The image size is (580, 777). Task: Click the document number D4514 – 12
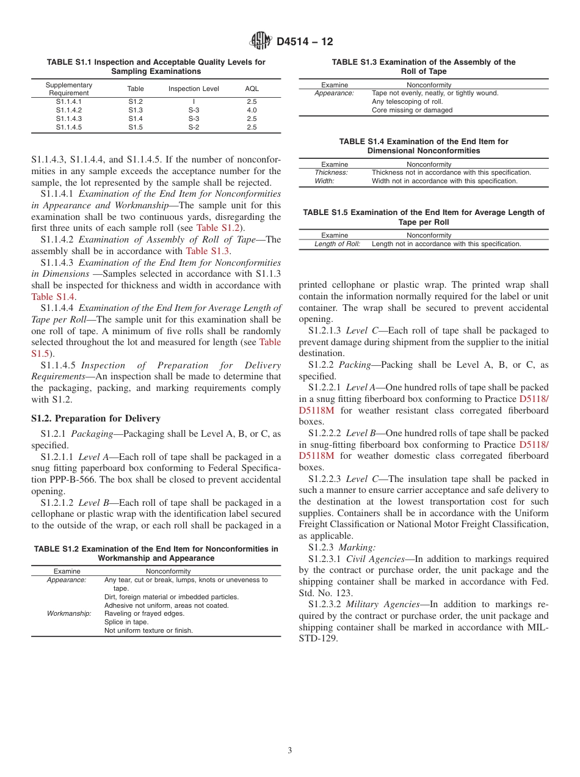[305, 42]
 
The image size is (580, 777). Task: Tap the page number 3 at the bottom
[290, 751]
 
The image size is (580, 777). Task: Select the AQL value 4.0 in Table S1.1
[252, 110]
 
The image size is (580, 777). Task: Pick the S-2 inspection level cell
[194, 127]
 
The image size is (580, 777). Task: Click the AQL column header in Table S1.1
[252, 89]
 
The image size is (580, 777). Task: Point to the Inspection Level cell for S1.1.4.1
[194, 101]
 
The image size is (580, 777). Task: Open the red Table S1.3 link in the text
[208, 250]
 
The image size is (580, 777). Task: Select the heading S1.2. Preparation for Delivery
[96, 418]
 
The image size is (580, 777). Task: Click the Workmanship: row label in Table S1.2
[69, 613]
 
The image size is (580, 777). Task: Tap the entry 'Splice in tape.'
[126, 622]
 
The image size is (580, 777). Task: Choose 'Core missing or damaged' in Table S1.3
[412, 111]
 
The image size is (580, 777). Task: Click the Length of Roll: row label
[337, 244]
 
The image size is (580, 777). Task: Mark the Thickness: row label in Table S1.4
[331, 172]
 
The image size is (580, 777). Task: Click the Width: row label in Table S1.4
[324, 181]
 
